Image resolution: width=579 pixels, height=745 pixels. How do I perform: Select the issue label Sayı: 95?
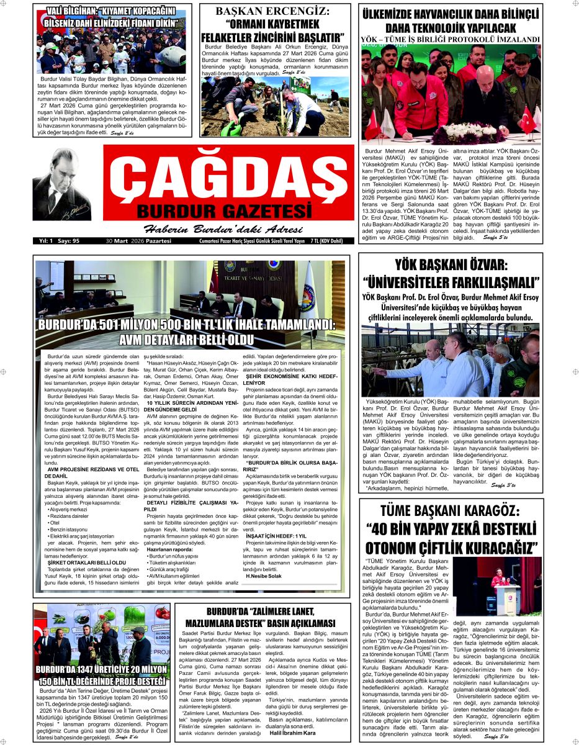(67, 241)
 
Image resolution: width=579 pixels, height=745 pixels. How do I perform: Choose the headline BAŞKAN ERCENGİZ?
(273, 11)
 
